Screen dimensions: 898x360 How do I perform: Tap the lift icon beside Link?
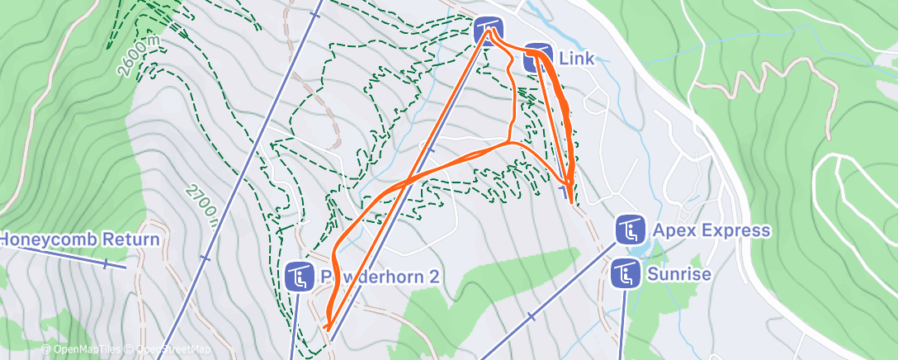(537, 56)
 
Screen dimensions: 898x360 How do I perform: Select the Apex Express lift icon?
(630, 230)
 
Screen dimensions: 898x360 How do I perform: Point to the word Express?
(735, 230)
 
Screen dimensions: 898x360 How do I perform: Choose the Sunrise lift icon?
(626, 273)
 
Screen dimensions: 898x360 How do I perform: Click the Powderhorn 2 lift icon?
(299, 277)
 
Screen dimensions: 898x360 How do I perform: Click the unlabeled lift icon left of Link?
(489, 31)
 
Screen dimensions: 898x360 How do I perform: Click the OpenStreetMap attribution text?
(168, 350)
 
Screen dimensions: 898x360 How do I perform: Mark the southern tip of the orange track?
(328, 329)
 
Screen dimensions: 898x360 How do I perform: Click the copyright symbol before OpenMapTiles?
(46, 350)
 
